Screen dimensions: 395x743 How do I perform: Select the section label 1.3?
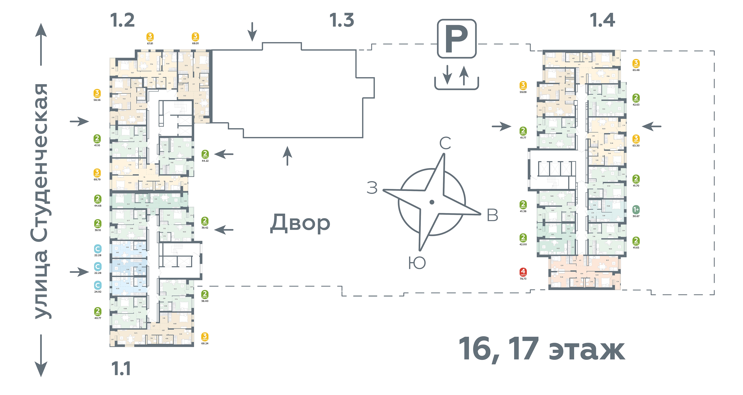pyautogui.click(x=342, y=20)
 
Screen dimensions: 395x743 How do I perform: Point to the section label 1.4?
pyautogui.click(x=602, y=20)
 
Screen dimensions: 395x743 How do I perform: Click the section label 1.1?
pyautogui.click(x=121, y=369)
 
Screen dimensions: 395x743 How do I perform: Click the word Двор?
pyautogui.click(x=300, y=223)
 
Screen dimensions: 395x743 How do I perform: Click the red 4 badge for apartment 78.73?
pyautogui.click(x=523, y=271)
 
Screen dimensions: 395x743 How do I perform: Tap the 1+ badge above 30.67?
pyautogui.click(x=636, y=210)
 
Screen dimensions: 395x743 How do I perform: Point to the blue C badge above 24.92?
pyautogui.click(x=98, y=285)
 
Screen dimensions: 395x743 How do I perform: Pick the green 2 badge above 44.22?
pyautogui.click(x=205, y=154)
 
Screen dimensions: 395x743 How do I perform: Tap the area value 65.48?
pyautogui.click(x=636, y=70)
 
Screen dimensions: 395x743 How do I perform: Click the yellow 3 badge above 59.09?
pyautogui.click(x=523, y=85)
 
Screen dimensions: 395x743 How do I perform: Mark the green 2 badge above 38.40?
pyautogui.click(x=205, y=294)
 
